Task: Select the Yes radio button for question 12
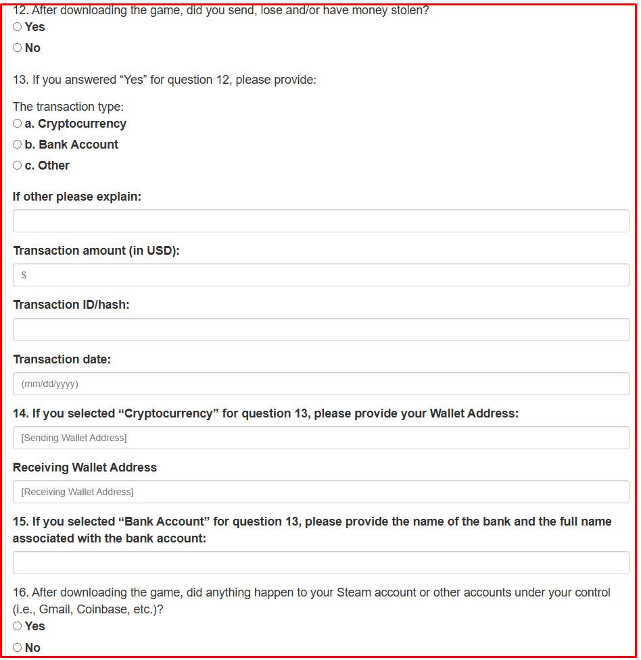coord(18,27)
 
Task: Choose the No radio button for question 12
coord(18,48)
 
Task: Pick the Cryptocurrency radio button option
coord(18,124)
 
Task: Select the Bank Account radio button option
coord(18,145)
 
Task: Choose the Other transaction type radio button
coord(18,166)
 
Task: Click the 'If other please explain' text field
coord(320,221)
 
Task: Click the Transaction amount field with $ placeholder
coord(320,275)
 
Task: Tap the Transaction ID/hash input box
coord(320,330)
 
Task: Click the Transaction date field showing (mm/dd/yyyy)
coord(320,384)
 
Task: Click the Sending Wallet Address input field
coord(320,438)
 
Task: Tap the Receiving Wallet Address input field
coord(320,492)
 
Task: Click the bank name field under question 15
coord(320,563)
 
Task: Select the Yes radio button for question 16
coord(18,626)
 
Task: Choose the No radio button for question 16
coord(18,648)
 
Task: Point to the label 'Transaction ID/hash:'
coord(71,305)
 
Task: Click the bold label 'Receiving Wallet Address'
coord(85,467)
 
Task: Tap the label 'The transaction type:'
coord(68,107)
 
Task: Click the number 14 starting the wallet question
coord(20,413)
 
